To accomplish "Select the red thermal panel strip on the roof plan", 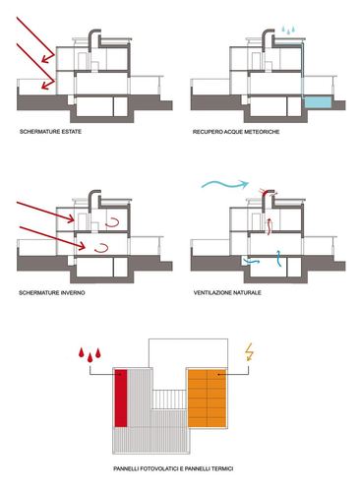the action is pyautogui.click(x=121, y=399).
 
